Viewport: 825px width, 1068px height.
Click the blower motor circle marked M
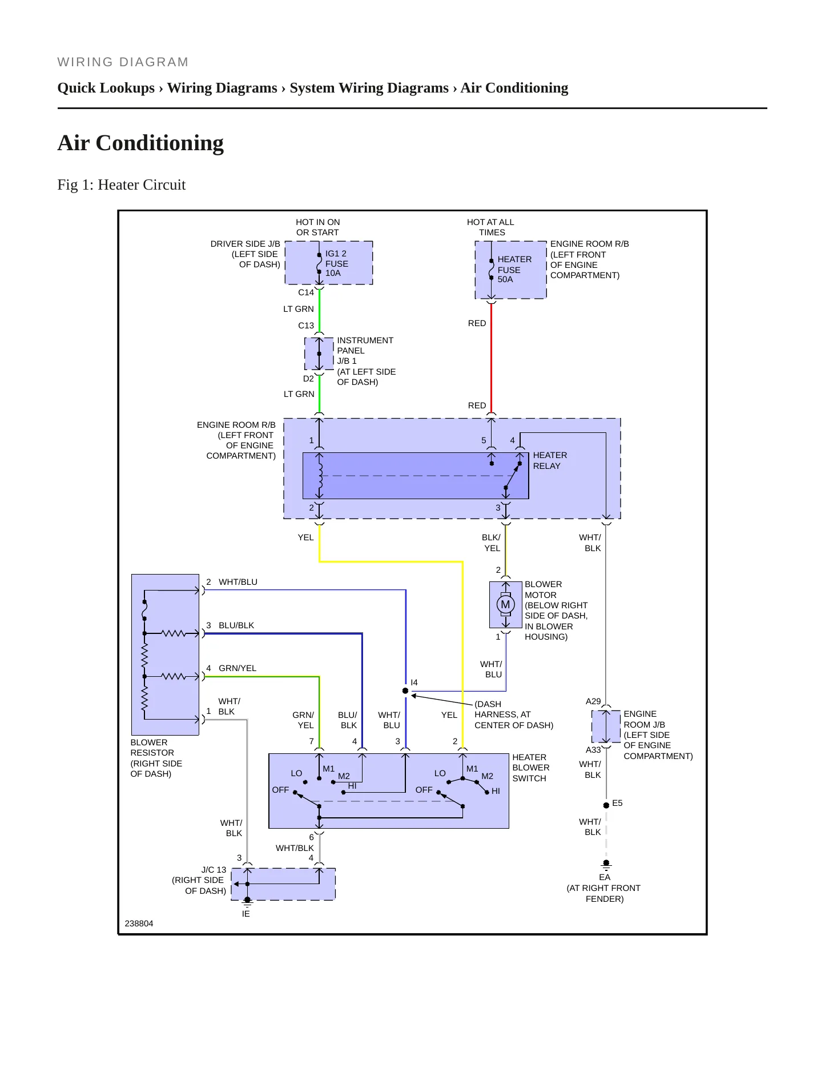point(505,604)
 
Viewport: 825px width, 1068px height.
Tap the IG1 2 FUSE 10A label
point(337,263)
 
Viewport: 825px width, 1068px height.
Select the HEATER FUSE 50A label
point(514,269)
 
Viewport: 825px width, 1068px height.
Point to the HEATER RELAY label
point(550,460)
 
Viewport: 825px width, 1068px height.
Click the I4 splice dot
point(405,691)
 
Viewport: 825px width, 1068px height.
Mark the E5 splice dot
point(606,805)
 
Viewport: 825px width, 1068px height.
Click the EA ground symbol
point(606,864)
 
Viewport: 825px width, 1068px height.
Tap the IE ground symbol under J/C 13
point(247,902)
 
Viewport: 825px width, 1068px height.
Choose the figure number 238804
point(139,924)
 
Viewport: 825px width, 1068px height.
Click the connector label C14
point(306,292)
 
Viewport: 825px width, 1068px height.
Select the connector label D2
point(308,379)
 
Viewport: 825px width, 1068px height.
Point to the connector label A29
point(593,701)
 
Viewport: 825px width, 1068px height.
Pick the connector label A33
point(593,750)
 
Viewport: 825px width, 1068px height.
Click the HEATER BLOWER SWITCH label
point(531,768)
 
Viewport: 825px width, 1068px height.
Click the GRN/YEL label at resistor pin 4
point(238,668)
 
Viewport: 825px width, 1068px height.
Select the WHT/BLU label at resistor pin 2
point(238,582)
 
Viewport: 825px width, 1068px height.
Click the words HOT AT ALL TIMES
point(490,227)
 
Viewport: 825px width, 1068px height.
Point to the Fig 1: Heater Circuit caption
point(122,185)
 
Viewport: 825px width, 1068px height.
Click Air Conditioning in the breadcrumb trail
point(514,88)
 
